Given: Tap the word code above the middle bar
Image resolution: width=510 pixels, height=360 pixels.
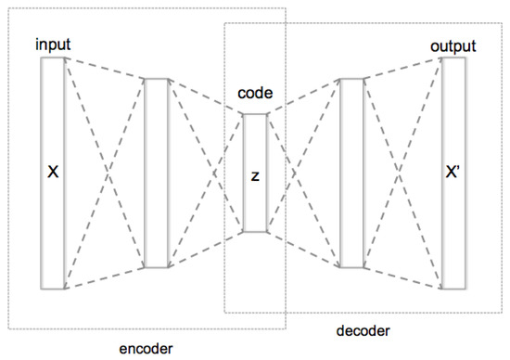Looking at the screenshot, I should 255,95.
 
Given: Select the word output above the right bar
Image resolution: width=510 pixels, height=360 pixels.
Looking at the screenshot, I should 453,46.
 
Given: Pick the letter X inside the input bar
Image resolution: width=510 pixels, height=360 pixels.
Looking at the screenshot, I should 52,173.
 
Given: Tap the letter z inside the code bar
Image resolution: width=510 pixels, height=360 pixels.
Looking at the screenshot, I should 255,175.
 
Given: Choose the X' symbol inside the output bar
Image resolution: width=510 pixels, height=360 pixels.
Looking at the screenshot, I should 453,173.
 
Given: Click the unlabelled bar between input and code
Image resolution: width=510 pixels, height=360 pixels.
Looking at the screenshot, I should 156,173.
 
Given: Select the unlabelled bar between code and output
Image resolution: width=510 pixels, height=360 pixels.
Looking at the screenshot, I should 351,173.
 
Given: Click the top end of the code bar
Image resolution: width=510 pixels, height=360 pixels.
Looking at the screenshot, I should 255,115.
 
